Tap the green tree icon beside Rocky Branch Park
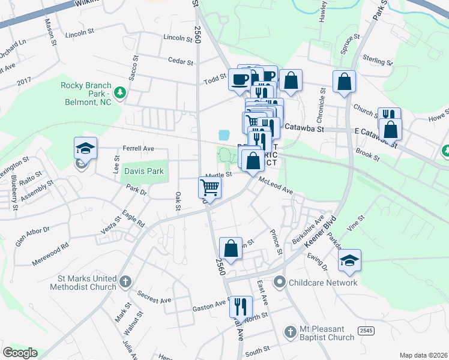point(120,92)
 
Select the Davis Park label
point(144,171)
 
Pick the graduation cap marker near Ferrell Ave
point(85,148)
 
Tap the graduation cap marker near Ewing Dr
point(349,260)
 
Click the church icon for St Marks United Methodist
point(125,281)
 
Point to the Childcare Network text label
point(323,282)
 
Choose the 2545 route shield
point(367,331)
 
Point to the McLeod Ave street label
point(276,185)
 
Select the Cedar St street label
point(179,61)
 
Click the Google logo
point(20,353)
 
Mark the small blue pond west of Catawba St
point(224,135)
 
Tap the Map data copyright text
point(423,355)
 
